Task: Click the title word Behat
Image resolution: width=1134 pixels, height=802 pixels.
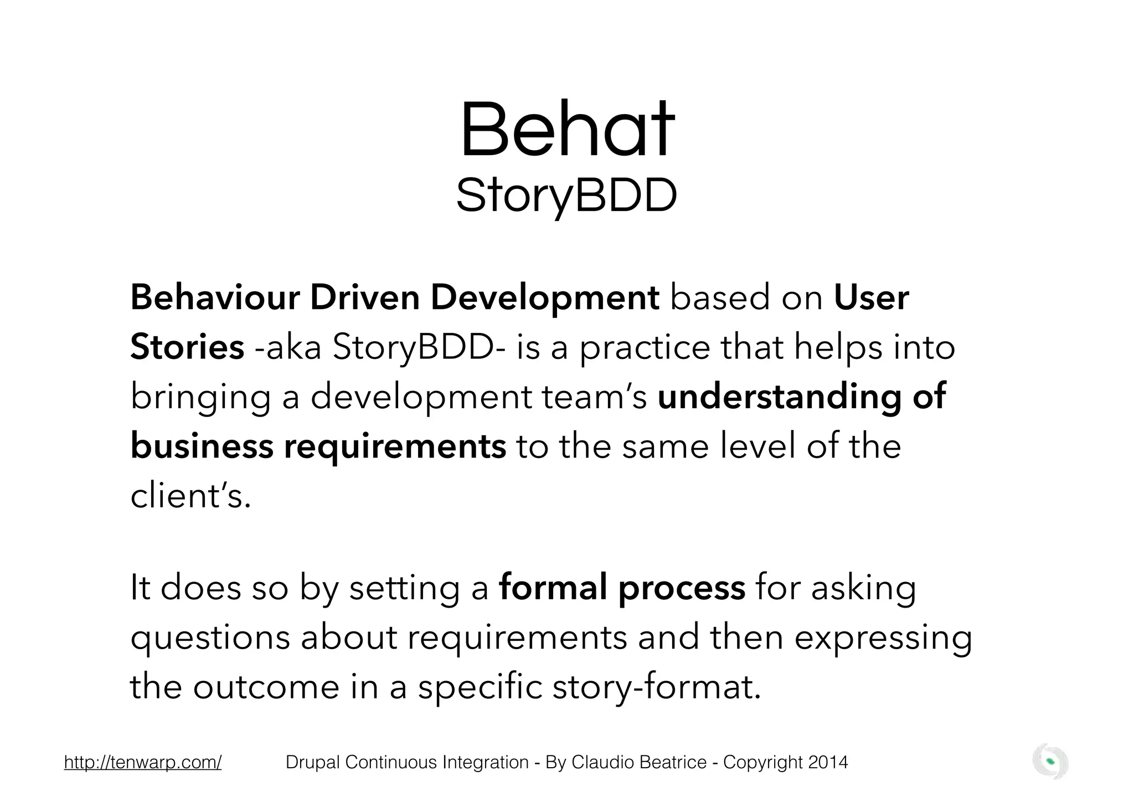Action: pyautogui.click(x=566, y=130)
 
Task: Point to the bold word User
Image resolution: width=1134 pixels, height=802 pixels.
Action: pyautogui.click(x=871, y=297)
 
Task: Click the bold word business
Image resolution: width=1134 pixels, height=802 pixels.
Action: pyautogui.click(x=202, y=446)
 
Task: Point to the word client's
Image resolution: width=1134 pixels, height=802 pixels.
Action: pyautogui.click(x=190, y=495)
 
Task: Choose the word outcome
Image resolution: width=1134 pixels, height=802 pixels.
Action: pyautogui.click(x=266, y=687)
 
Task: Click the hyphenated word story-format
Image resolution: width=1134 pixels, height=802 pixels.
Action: pyautogui.click(x=657, y=687)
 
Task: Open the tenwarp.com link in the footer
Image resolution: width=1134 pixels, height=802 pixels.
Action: pyautogui.click(x=143, y=763)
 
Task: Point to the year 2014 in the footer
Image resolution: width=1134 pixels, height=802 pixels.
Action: pyautogui.click(x=828, y=763)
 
